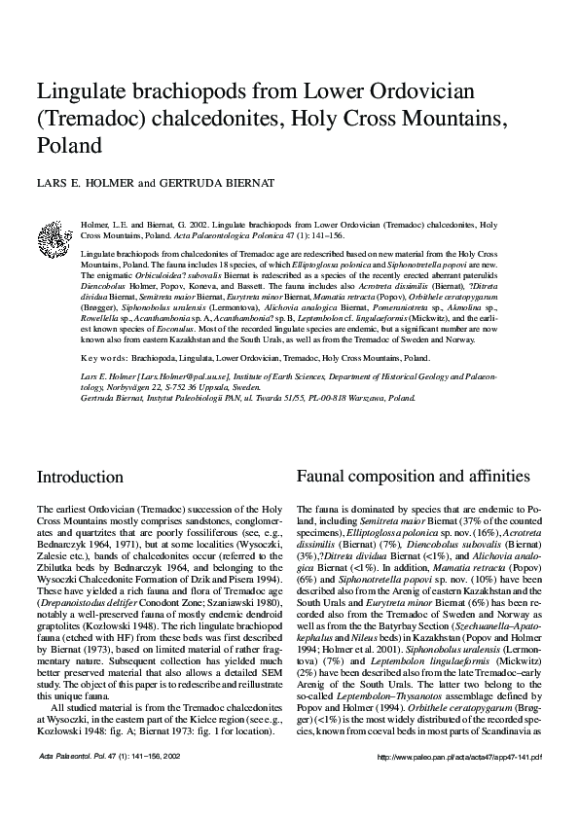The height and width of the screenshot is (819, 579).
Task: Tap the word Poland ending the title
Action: click(x=69, y=146)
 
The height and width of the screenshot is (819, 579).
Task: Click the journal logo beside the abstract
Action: click(x=51, y=236)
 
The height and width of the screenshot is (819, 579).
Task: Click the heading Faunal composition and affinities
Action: click(x=413, y=477)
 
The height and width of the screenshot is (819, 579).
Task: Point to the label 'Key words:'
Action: click(x=100, y=358)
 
